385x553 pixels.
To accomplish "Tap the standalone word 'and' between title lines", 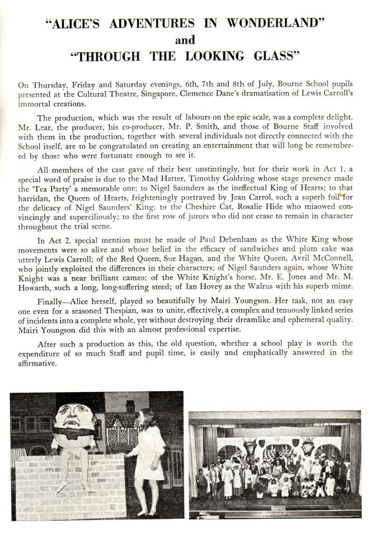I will [x=185, y=40].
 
